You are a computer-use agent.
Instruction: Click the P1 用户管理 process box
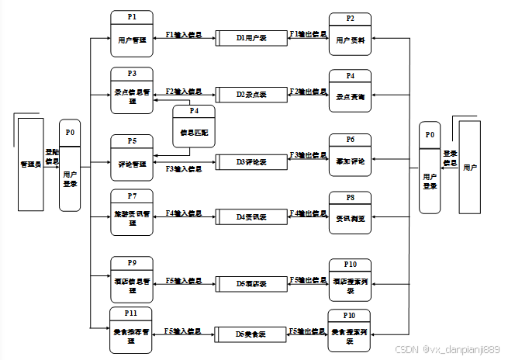132,34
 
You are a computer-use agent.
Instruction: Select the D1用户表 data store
251,37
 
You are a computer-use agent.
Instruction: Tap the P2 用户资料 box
351,34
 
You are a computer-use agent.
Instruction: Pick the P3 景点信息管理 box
132,91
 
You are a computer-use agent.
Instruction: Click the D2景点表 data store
251,94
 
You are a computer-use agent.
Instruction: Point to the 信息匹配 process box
193,126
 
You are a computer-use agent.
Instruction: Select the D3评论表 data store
251,162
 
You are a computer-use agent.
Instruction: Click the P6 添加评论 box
351,155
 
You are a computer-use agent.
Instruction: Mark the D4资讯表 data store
251,216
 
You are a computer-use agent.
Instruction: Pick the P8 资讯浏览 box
351,213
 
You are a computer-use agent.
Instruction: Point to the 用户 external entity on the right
470,167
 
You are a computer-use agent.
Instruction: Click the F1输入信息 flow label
184,35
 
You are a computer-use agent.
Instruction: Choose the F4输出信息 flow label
308,213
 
